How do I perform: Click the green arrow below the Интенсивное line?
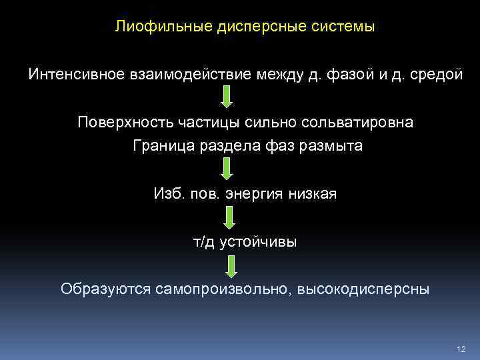(227, 97)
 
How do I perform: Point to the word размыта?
(331, 145)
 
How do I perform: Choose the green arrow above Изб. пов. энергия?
(227, 169)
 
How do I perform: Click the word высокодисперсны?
(363, 289)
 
